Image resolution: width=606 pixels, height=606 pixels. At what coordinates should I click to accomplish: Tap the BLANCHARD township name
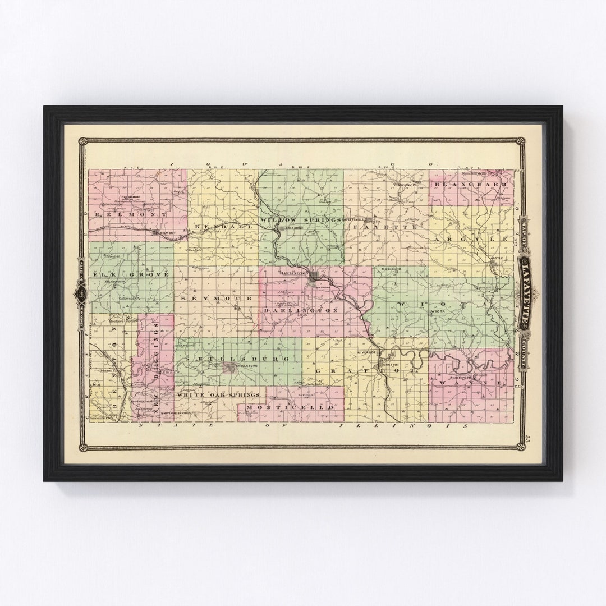click(470, 184)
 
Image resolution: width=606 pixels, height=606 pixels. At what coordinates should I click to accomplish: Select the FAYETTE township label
click(384, 227)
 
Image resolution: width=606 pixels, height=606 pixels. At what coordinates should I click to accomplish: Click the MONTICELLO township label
click(291, 406)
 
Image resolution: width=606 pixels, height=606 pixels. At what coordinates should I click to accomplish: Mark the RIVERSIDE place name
click(368, 352)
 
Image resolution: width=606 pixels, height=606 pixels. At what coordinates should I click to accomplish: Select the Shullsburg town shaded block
click(229, 368)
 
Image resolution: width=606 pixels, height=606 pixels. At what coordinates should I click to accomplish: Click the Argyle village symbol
click(497, 259)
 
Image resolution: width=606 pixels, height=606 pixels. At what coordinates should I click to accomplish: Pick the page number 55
click(529, 437)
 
